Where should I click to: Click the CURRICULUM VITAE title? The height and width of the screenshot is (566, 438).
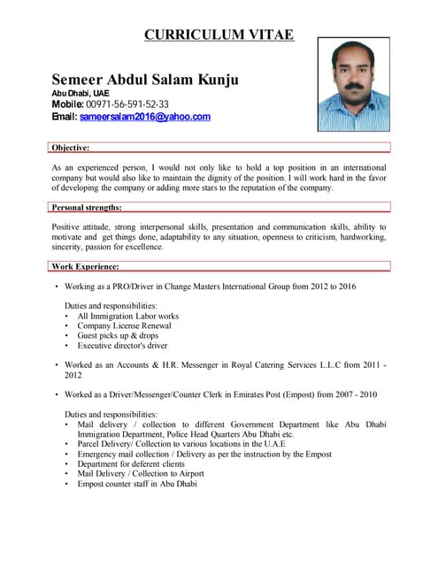219,35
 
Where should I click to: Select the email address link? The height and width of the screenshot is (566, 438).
145,117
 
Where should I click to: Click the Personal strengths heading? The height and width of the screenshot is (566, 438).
87,207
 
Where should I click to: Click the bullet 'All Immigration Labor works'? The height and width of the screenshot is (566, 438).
127,316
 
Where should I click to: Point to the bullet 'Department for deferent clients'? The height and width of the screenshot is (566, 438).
131,463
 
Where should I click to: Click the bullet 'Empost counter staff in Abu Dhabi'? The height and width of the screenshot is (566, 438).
137,485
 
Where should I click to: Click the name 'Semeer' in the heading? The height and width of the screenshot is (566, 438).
81,80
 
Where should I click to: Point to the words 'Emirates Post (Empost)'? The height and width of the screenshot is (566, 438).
277,394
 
